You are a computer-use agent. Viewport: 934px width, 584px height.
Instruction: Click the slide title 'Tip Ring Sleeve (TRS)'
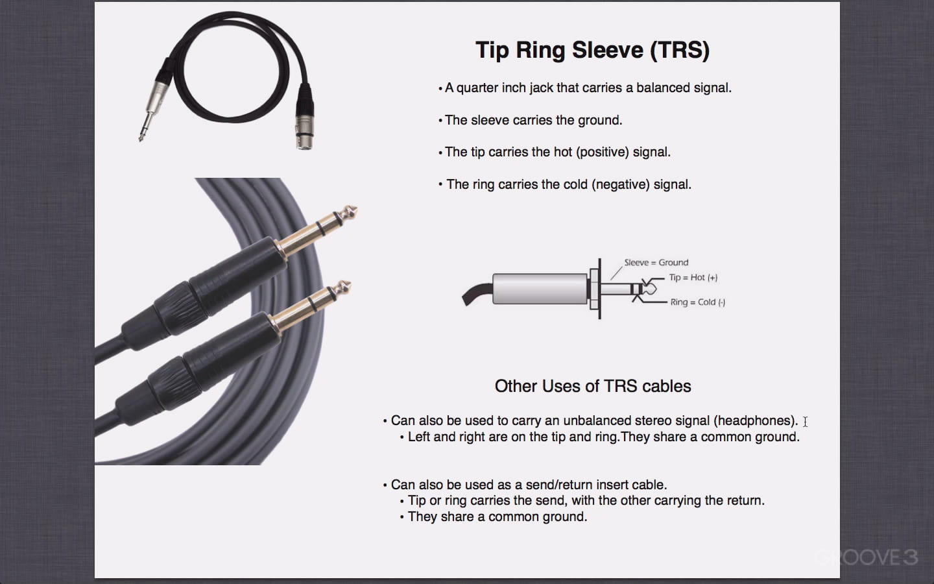pyautogui.click(x=593, y=51)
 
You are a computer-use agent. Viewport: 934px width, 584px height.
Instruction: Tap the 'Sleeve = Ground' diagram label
pyautogui.click(x=656, y=262)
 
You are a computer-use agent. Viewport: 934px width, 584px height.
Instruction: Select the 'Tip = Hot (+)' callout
pyautogui.click(x=693, y=278)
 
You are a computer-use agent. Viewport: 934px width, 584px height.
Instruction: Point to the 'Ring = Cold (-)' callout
pyautogui.click(x=698, y=302)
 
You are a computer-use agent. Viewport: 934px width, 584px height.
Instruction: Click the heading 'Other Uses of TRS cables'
pyautogui.click(x=593, y=386)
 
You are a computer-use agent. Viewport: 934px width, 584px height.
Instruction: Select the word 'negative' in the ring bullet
pyautogui.click(x=621, y=184)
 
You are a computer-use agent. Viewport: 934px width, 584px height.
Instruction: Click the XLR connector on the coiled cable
pyautogui.click(x=304, y=117)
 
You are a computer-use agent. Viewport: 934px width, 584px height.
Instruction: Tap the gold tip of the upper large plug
pyautogui.click(x=348, y=213)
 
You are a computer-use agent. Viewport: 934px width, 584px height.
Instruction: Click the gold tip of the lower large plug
pyautogui.click(x=342, y=288)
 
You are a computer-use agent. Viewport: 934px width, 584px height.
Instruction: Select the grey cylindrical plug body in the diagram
pyautogui.click(x=540, y=289)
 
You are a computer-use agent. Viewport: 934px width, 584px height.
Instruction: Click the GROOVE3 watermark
pyautogui.click(x=867, y=558)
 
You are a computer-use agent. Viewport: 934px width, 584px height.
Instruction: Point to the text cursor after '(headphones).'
pyautogui.click(x=805, y=422)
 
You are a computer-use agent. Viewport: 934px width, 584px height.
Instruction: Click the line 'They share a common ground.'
pyautogui.click(x=497, y=517)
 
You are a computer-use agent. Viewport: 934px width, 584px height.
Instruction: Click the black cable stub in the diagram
pyautogui.click(x=477, y=294)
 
